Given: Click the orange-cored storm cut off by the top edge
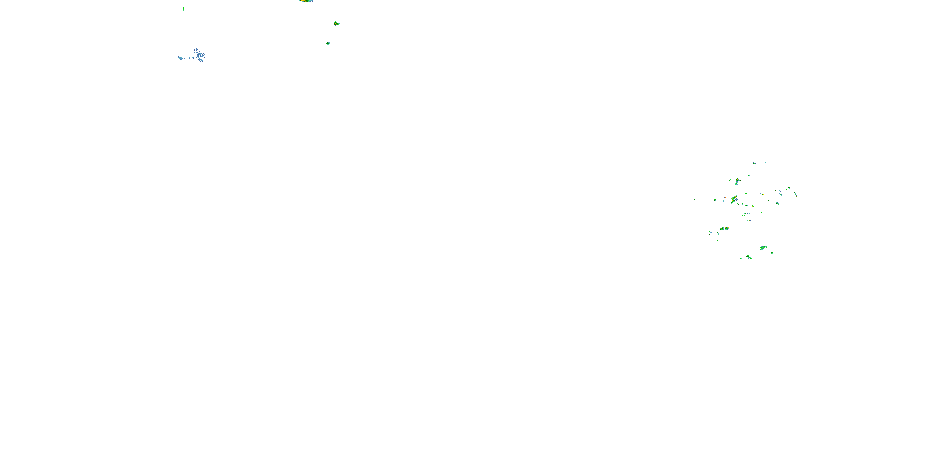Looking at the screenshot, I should click(306, 1).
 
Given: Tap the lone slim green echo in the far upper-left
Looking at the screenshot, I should click(183, 9).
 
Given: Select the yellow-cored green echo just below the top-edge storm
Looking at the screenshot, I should click(336, 24).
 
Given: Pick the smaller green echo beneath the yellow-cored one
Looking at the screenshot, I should click(328, 43).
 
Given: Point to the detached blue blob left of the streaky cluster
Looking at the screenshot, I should click(180, 57).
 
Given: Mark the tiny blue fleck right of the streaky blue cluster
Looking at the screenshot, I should click(217, 48).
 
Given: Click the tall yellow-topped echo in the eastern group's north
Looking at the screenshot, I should click(737, 181).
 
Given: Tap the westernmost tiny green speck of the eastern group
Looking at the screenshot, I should click(695, 199).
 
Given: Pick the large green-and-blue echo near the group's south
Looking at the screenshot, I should click(763, 248).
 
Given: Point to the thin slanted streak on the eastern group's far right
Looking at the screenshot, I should click(795, 194).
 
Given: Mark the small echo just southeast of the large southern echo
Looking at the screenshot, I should click(772, 253).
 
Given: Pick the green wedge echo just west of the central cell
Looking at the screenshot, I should click(715, 199).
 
